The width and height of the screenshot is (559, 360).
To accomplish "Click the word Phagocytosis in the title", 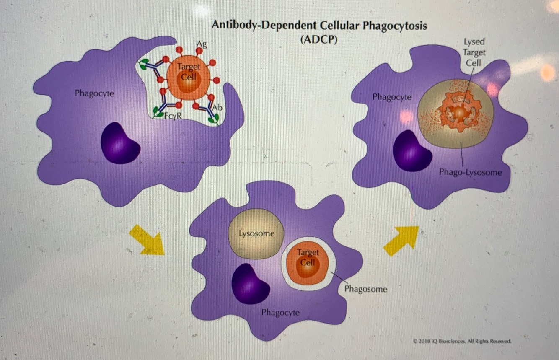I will tap(395, 26).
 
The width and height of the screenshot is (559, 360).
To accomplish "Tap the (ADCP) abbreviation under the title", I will tap(319, 40).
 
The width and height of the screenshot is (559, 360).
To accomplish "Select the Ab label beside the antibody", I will tap(217, 107).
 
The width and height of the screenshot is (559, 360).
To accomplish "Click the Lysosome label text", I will tap(256, 233).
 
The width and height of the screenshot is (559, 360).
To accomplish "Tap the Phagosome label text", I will tap(366, 289).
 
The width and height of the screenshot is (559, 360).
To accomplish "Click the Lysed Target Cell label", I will tap(474, 52).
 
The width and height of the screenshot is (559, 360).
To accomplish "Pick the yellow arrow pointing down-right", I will tap(147, 240).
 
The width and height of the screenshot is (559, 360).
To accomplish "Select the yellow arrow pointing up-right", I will tap(401, 240).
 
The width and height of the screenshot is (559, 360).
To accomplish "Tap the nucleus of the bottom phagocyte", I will tap(251, 284).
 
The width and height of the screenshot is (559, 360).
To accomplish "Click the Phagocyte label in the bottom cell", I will tap(280, 313).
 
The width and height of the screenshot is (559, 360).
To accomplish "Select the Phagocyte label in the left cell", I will tap(94, 93).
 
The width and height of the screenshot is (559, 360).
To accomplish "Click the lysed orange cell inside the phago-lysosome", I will tap(459, 112).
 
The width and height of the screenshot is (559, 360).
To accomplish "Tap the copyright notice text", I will tap(462, 341).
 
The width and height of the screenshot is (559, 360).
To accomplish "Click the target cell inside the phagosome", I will tap(308, 263).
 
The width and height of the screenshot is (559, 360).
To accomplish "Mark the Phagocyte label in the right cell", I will tap(392, 97).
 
